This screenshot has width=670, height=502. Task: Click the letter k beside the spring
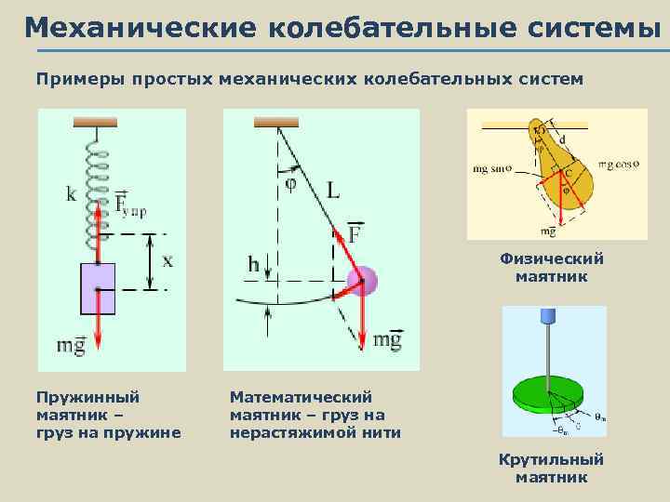coord(72,194)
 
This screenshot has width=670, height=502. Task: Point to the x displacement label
coord(167,261)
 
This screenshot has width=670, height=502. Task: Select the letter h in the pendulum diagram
coord(253,266)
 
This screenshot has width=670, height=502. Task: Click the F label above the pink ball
coord(355,232)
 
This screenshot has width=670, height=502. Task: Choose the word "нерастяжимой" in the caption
coord(282,431)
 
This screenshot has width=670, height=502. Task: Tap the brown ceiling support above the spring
coord(95,121)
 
